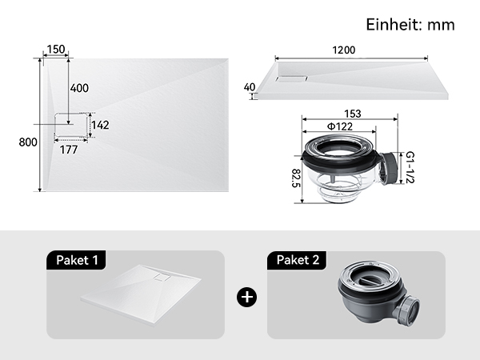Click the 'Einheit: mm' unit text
[410, 25]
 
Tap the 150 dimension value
[56, 50]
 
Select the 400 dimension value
[79, 88]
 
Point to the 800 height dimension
[28, 142]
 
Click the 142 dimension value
[100, 125]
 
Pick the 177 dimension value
[69, 150]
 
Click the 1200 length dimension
[344, 50]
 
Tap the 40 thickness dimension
[250, 87]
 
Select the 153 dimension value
[353, 114]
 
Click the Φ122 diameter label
[340, 126]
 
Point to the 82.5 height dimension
[296, 178]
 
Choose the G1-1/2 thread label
[410, 167]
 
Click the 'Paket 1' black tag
[77, 260]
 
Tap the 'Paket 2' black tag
[298, 260]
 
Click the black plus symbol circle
[246, 297]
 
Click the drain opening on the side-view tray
[291, 78]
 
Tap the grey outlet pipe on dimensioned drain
[389, 168]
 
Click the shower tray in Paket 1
[141, 294]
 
